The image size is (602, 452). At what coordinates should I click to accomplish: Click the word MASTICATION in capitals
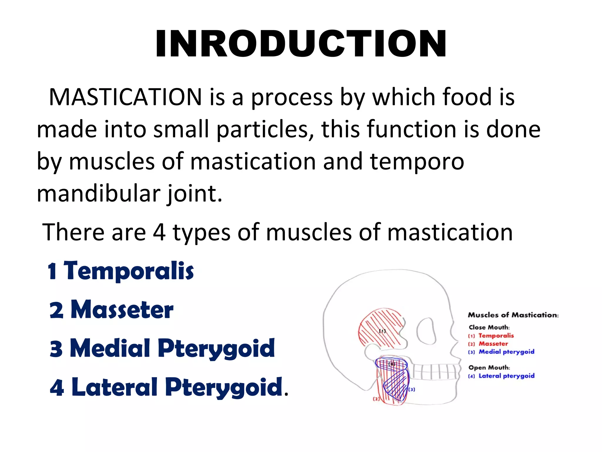tap(125, 97)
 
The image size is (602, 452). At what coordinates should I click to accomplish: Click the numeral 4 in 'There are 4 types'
tap(159, 232)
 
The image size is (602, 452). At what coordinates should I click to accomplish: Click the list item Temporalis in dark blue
tap(128, 271)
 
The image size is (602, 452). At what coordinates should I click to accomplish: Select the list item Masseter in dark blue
tap(122, 310)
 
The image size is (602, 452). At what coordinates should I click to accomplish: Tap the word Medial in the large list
tap(110, 348)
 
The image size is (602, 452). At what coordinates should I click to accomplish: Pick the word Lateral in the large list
tap(115, 387)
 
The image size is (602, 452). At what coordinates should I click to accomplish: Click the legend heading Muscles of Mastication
tap(513, 315)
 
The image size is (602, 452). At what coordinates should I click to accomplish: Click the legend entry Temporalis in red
tap(496, 336)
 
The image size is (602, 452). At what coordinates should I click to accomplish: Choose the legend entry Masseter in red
tap(493, 344)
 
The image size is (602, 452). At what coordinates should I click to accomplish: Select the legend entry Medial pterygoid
tap(506, 352)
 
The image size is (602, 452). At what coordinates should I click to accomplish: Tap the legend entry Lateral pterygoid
tap(506, 376)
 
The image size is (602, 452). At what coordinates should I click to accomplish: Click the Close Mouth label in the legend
tap(489, 327)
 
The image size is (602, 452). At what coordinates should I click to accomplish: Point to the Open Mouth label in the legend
tap(489, 368)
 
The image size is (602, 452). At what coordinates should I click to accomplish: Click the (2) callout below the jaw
tap(376, 399)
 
